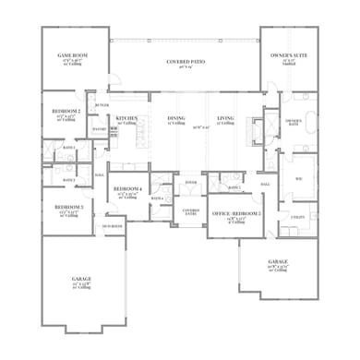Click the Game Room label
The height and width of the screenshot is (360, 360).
click(71, 55)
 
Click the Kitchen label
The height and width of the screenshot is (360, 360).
click(126, 118)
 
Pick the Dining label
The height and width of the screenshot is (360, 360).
click(176, 118)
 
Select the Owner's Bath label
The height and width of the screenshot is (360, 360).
click(294, 122)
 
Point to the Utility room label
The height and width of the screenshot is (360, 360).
click(298, 215)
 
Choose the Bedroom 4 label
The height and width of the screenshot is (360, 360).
click(126, 189)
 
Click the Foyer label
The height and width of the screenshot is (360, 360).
click(191, 183)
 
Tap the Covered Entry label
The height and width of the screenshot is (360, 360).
click(191, 212)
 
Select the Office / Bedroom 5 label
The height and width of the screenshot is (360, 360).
click(235, 213)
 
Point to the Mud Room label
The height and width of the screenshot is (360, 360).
click(112, 225)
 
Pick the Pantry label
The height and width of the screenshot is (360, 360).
click(99, 129)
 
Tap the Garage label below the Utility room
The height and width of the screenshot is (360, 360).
click(277, 263)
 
